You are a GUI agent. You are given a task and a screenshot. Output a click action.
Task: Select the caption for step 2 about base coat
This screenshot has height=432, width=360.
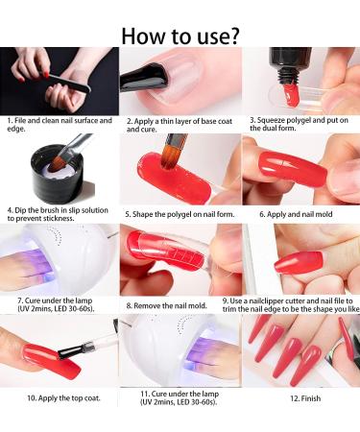(x=179, y=126)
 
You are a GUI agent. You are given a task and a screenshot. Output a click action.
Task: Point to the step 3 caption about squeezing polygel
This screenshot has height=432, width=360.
(x=299, y=126)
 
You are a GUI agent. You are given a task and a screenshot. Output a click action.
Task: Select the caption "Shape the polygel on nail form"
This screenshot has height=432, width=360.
(x=179, y=214)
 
